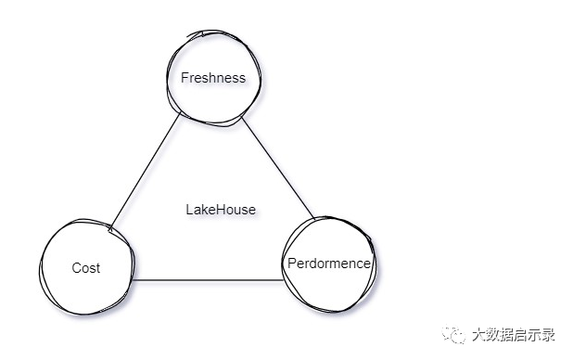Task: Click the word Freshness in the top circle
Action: click(x=213, y=78)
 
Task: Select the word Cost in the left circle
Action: click(x=86, y=268)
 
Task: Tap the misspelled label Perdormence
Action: click(x=329, y=264)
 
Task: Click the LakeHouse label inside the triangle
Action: click(x=221, y=210)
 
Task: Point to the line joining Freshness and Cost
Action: click(x=145, y=171)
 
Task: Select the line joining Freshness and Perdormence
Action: click(x=278, y=168)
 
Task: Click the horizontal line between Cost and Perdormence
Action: click(x=208, y=280)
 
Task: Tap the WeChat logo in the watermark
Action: click(x=453, y=334)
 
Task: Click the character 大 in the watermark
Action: click(x=478, y=334)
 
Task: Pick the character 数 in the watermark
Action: click(x=493, y=334)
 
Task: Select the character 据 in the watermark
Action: click(x=507, y=334)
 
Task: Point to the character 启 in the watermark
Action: click(x=521, y=334)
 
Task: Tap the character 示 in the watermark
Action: click(x=535, y=334)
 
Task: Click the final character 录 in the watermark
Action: click(x=549, y=334)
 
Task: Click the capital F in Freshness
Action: click(x=185, y=78)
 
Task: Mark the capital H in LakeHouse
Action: click(x=219, y=210)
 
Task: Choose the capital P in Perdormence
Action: click(x=292, y=264)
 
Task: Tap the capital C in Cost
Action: click(x=76, y=268)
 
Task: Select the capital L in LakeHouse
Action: click(x=189, y=210)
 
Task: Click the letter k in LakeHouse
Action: click(x=203, y=210)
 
